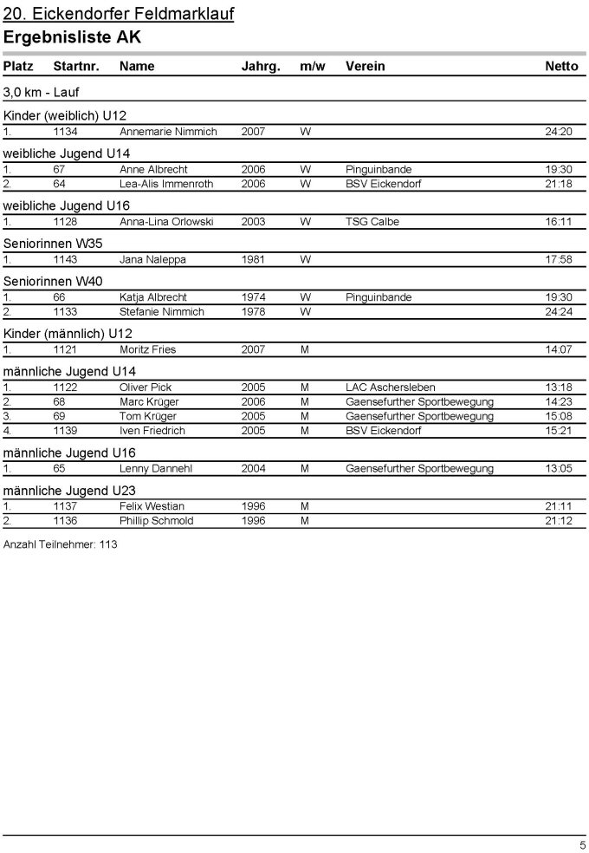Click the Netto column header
coord(560,67)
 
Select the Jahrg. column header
coord(261,67)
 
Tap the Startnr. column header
coord(76,67)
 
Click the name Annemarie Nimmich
coord(168,132)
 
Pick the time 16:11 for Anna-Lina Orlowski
coord(559,222)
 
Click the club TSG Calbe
coord(371,222)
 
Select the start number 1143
coord(65,259)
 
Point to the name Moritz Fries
coord(147,349)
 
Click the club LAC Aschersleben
coord(390,387)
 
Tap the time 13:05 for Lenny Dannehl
coord(559,469)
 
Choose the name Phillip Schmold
coord(156,521)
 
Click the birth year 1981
coord(254,259)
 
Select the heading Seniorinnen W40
coord(53,281)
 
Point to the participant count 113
coord(107,545)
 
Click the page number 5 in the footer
coord(582,844)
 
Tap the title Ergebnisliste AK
coord(72,37)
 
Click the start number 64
coord(59,184)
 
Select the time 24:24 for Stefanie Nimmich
coord(559,312)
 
